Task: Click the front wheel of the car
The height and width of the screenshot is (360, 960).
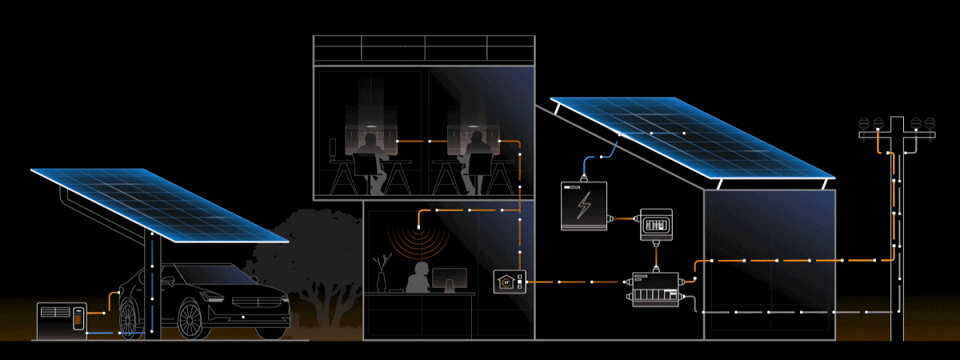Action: pos(190,318)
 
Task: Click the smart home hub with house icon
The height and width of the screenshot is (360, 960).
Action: pos(510,282)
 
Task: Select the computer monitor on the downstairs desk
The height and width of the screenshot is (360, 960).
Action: pos(449,279)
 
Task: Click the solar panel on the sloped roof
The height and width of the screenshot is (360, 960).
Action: pos(688,136)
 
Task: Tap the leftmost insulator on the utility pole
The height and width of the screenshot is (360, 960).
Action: pos(863,125)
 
